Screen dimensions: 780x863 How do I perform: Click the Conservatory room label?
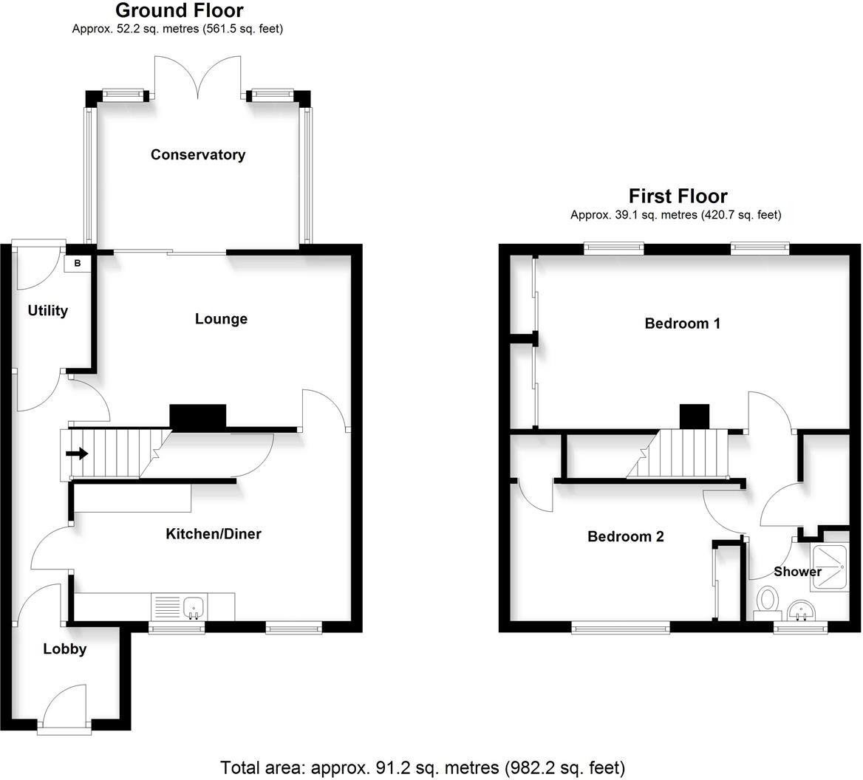click(197, 154)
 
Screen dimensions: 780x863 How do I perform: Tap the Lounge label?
click(221, 319)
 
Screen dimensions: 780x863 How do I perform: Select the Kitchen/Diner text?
click(213, 534)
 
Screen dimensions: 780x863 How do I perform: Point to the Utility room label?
click(48, 311)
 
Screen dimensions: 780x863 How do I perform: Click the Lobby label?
click(64, 649)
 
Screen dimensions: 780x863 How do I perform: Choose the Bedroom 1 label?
click(682, 324)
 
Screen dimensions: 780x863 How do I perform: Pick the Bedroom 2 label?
click(625, 537)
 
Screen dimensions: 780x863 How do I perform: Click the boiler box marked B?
click(78, 263)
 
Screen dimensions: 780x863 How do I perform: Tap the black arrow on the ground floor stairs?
click(77, 454)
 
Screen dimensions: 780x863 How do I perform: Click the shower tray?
click(830, 567)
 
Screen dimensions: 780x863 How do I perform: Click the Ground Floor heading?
click(180, 11)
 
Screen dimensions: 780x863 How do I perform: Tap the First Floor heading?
click(678, 196)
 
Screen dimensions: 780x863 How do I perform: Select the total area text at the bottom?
click(423, 766)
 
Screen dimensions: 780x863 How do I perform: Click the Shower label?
click(797, 572)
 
